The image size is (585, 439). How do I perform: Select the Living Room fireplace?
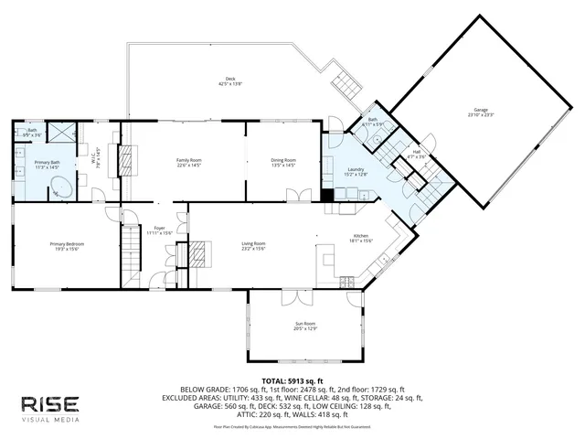point(198,252)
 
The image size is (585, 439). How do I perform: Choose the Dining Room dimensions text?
point(282,166)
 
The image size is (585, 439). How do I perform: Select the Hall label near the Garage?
point(417,152)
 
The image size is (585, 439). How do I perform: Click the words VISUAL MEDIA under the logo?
point(50,422)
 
